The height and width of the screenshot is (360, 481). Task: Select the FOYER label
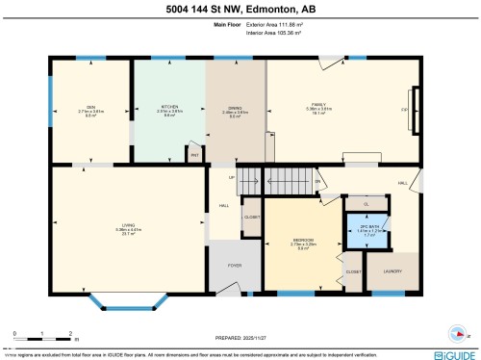point(233,265)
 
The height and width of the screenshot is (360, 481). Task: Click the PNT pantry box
point(194,154)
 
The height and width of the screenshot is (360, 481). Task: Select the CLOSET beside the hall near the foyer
point(251,218)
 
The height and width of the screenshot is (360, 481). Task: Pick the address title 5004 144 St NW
point(240,9)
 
